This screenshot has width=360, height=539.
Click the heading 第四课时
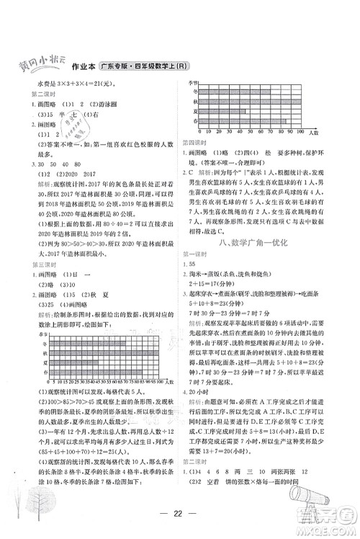(x=194, y=143)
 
